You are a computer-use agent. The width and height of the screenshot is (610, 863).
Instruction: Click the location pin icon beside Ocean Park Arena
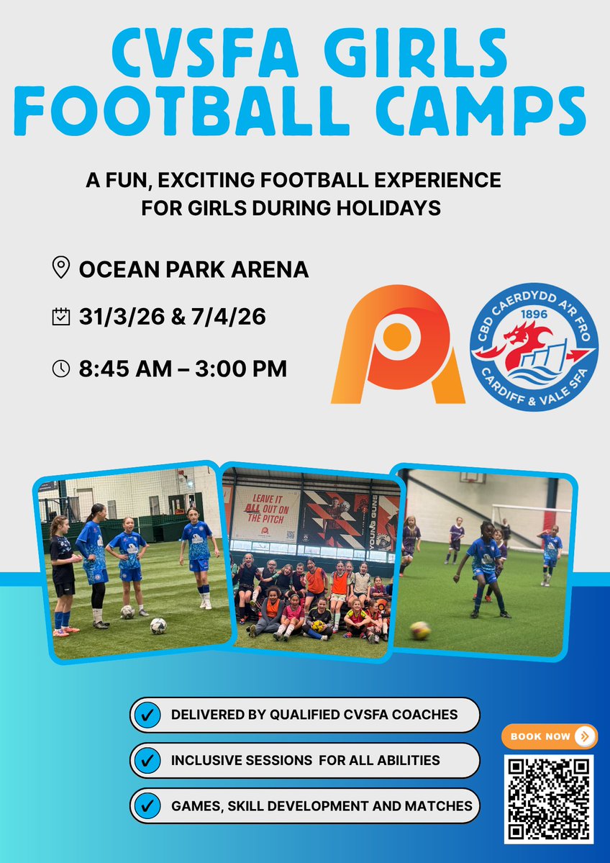[x=60, y=268]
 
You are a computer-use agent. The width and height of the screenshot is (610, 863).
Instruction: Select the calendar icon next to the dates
[x=60, y=317]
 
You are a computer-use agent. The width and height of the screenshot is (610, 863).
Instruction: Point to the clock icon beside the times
[x=60, y=369]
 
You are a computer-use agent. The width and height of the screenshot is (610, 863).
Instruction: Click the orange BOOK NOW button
[x=549, y=736]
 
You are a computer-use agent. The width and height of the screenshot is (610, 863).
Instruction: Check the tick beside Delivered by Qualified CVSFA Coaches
[x=148, y=715]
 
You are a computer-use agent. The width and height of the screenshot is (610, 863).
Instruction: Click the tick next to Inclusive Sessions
[x=148, y=759]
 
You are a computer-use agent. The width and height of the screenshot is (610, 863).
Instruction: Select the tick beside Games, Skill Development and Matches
[x=148, y=805]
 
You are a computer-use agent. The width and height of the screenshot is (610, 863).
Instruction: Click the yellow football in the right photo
[x=421, y=630]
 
